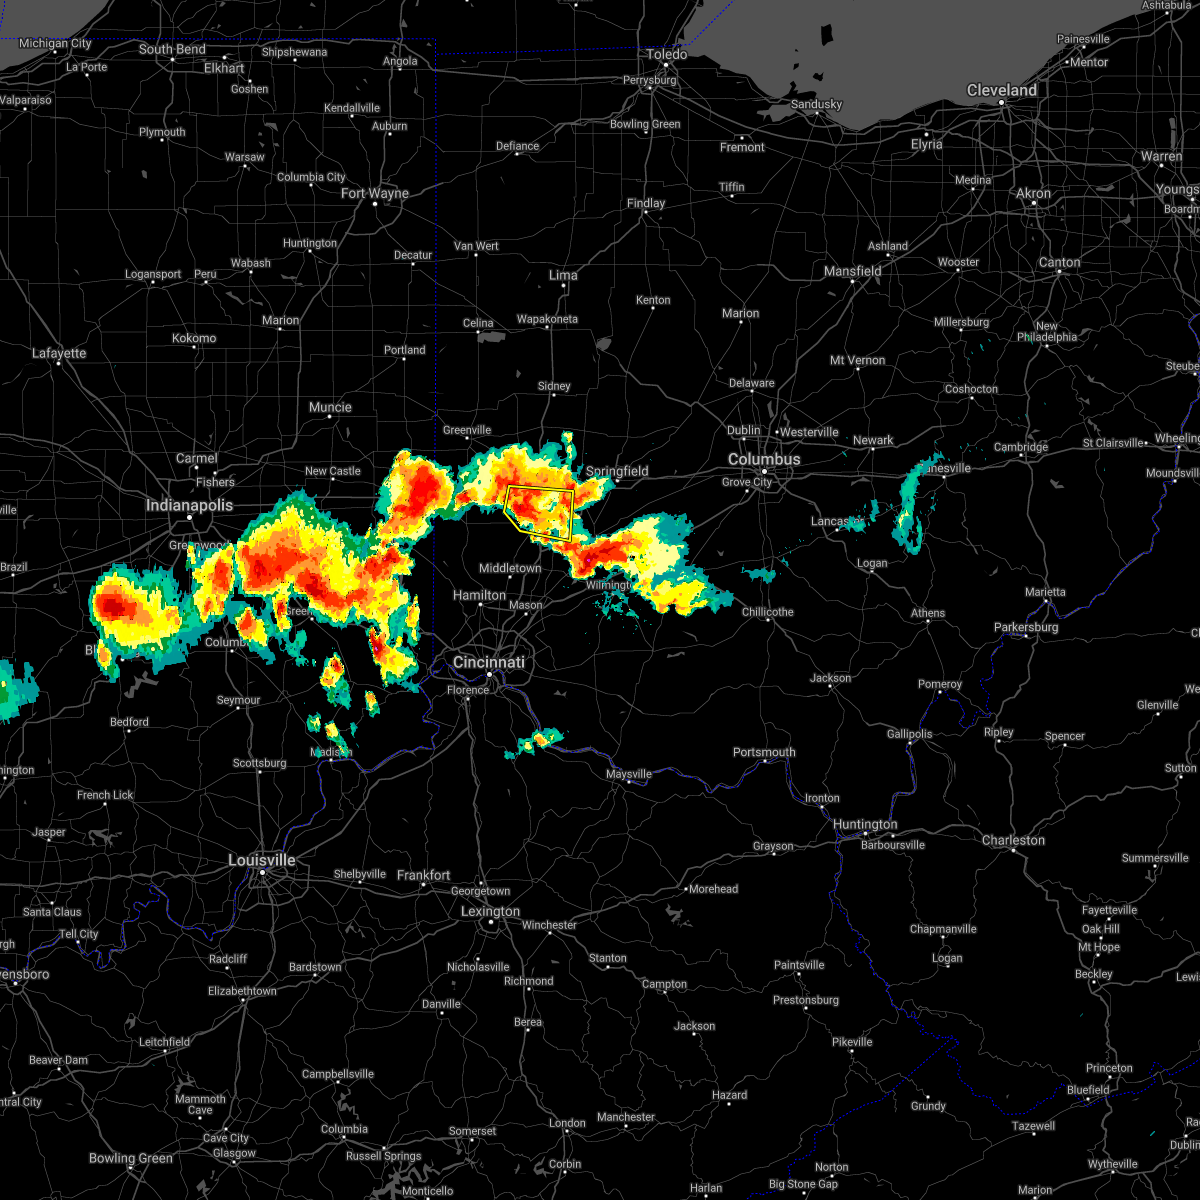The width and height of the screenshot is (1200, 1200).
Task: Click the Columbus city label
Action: [x=764, y=459]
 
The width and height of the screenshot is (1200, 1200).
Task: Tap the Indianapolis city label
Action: [x=189, y=505]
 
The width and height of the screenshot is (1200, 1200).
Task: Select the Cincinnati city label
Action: [x=489, y=662]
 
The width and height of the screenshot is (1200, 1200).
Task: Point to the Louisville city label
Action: [x=262, y=860]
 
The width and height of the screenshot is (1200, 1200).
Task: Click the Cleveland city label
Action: [x=1001, y=90]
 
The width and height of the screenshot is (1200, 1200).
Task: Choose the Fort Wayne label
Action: [x=375, y=193]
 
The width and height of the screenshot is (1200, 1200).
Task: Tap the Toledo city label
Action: [x=667, y=54]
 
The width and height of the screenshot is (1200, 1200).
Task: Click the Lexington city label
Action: [x=490, y=911]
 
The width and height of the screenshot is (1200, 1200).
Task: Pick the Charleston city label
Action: [x=1013, y=840]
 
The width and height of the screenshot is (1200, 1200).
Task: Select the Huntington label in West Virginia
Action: [x=865, y=824]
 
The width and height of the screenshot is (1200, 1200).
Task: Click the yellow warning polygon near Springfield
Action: [x=540, y=512]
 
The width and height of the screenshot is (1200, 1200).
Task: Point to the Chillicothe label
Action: [x=768, y=612]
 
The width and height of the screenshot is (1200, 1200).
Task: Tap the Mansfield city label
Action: [x=852, y=271]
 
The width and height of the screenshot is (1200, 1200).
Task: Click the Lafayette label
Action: [x=59, y=353]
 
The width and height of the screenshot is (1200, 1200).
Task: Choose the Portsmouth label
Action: [x=764, y=752]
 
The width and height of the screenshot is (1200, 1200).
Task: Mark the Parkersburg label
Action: [x=1026, y=627]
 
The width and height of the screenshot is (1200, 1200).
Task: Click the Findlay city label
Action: [x=646, y=203]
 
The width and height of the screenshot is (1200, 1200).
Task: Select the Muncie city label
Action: [x=330, y=407]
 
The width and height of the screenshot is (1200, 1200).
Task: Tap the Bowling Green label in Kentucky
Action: [x=131, y=1158]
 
